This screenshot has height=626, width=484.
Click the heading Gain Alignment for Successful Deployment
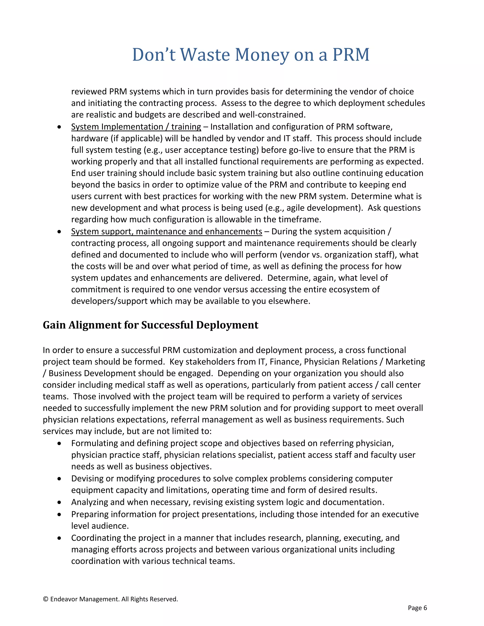(x=151, y=325)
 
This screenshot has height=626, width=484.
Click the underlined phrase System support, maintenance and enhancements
(x=167, y=231)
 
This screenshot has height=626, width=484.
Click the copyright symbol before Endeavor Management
(x=45, y=599)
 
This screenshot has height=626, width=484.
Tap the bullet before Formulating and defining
(x=59, y=443)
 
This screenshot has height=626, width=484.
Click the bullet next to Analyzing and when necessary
(x=59, y=502)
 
